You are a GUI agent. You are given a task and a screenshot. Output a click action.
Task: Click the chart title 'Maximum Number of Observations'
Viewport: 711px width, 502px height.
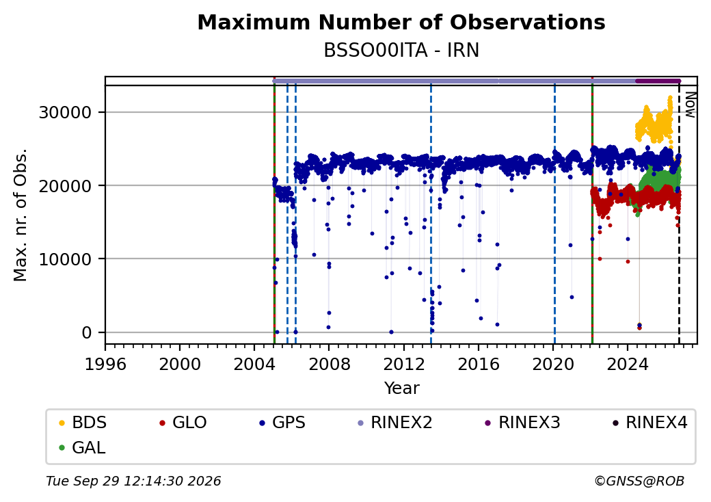(401, 22)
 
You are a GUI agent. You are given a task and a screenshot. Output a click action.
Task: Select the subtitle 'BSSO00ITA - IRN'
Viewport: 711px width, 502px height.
(401, 51)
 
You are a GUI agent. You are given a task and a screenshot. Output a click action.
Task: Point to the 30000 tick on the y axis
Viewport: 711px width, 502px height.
(66, 112)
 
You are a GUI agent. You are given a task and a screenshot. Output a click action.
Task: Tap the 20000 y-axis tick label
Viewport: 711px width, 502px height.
(66, 185)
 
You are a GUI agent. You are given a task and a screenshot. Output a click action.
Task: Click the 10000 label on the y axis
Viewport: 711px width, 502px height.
(66, 259)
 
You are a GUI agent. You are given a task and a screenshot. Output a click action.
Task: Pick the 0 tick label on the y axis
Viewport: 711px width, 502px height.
(87, 332)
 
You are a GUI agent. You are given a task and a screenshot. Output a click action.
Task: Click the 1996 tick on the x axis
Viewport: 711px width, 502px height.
(105, 364)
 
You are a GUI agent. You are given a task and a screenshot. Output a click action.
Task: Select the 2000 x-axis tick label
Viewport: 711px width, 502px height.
(180, 364)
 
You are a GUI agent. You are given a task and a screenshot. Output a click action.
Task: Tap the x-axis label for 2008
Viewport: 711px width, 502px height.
(330, 364)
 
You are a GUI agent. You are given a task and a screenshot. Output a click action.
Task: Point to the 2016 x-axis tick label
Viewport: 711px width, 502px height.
(479, 364)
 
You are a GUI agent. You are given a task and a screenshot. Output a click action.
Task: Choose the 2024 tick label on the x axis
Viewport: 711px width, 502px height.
(628, 364)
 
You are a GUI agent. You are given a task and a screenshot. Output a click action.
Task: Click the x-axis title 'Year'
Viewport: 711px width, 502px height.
(401, 388)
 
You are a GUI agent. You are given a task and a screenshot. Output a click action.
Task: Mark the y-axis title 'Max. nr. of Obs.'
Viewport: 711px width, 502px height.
(21, 215)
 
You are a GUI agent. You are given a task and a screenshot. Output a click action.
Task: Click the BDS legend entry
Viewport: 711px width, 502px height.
(83, 423)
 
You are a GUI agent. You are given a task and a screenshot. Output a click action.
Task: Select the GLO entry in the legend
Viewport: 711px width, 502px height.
(183, 423)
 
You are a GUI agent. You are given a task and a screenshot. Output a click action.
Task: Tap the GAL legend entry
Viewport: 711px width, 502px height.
(82, 447)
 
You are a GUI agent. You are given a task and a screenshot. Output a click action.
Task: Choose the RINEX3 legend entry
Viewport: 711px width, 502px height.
(522, 423)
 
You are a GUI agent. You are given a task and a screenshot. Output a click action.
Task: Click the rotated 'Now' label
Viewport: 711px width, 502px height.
(690, 105)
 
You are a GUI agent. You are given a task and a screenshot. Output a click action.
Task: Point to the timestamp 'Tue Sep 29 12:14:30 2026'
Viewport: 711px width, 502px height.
(133, 481)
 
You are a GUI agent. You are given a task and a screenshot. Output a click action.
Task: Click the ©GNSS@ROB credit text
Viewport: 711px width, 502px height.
(639, 481)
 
